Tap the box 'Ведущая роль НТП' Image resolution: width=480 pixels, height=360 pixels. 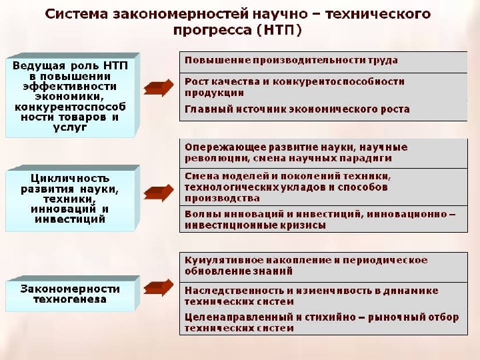pyautogui.click(x=71, y=96)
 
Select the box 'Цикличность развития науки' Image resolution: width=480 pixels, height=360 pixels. pyautogui.click(x=71, y=199)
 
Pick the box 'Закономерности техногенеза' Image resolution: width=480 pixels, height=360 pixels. pyautogui.click(x=71, y=295)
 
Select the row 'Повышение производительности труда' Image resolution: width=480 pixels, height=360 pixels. pyautogui.click(x=323, y=61)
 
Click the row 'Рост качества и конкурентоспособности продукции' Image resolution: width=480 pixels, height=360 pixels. pyautogui.click(x=323, y=87)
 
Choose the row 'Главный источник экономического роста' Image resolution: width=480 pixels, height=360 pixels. pyautogui.click(x=323, y=109)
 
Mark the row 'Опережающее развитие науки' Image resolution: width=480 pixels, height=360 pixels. pyautogui.click(x=323, y=153)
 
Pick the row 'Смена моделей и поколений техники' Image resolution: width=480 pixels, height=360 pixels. pyautogui.click(x=323, y=187)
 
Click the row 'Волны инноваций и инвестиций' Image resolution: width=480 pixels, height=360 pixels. pyautogui.click(x=323, y=220)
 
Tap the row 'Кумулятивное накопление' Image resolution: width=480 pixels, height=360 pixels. pyautogui.click(x=323, y=266)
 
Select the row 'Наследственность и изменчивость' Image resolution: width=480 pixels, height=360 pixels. pyautogui.click(x=323, y=296)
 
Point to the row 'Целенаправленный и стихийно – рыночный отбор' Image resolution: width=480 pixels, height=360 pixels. pyautogui.click(x=323, y=323)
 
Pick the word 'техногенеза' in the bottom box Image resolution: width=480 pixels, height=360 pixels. pyautogui.click(x=70, y=299)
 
